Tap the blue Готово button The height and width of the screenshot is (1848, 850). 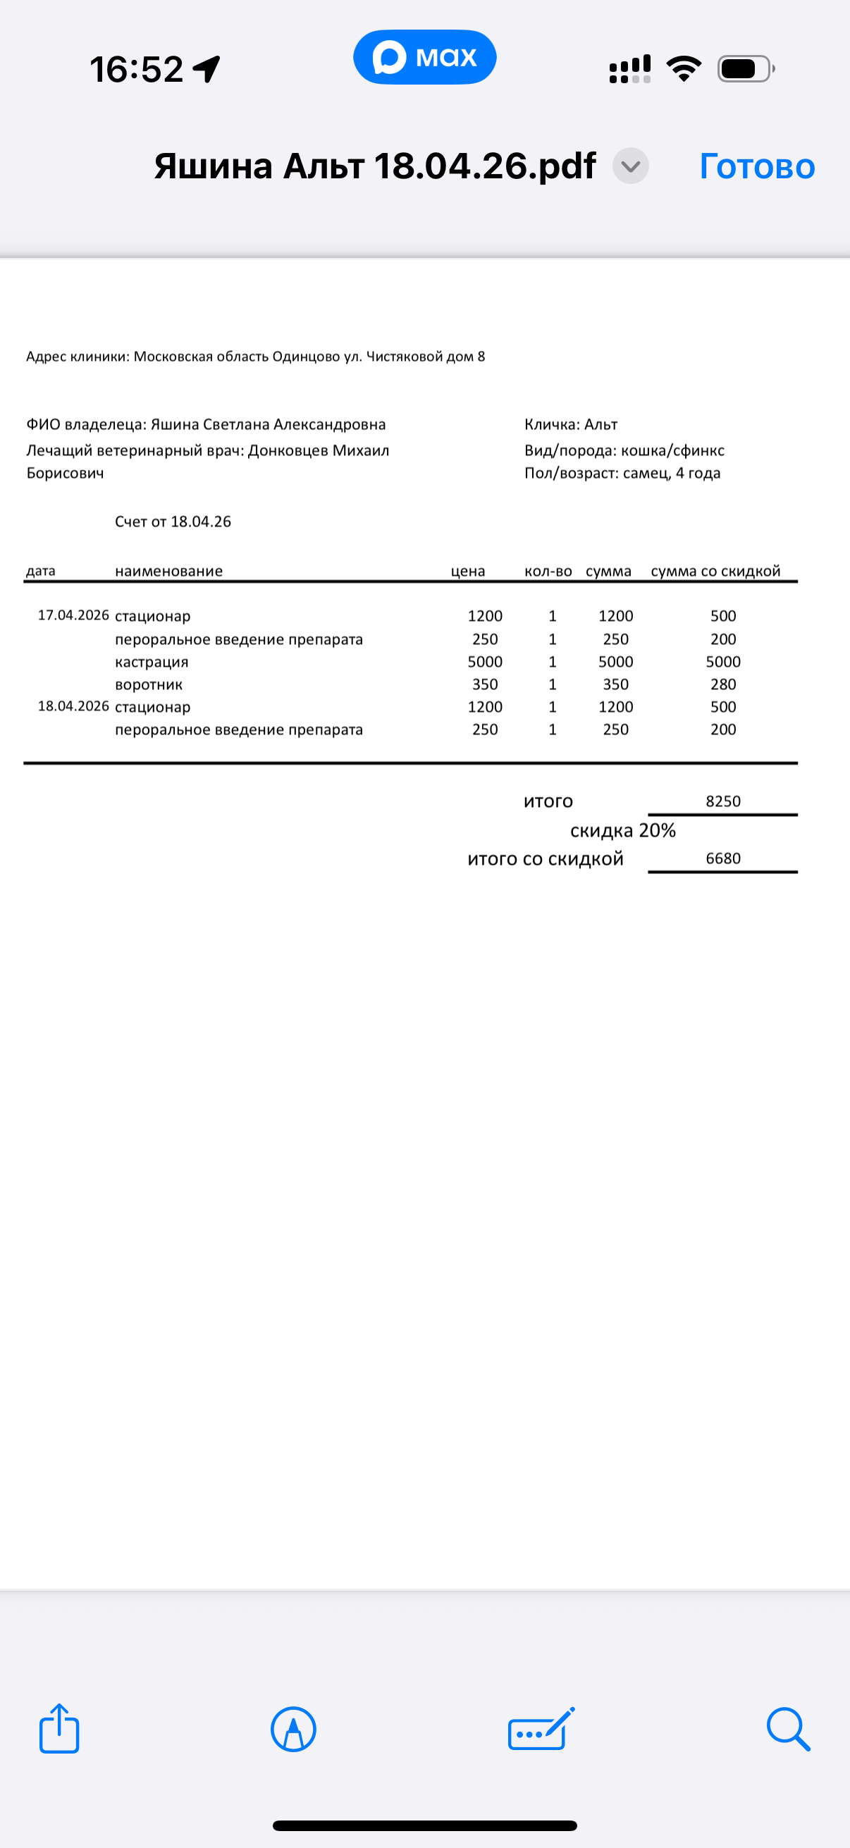757,166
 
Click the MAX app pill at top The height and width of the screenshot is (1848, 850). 424,56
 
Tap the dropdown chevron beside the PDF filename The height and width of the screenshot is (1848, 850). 631,166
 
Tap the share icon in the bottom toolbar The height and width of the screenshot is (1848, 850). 58,1729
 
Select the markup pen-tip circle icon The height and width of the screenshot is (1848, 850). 293,1729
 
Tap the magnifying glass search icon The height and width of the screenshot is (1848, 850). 788,1729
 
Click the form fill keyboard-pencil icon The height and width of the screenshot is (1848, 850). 541,1729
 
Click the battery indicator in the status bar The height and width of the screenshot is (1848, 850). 746,69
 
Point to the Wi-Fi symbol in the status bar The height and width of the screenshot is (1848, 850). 684,68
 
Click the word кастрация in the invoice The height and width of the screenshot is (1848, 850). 152,661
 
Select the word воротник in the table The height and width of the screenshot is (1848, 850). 149,684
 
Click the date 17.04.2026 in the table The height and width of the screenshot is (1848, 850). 73,615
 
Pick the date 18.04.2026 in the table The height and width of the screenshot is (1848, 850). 73,707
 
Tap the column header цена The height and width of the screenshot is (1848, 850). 468,571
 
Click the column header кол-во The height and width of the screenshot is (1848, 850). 548,571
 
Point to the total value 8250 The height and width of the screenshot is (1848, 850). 723,801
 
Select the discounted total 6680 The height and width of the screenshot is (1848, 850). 723,858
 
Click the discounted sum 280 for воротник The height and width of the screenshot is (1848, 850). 723,684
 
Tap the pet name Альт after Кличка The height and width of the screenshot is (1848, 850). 601,425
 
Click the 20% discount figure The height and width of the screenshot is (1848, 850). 657,830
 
